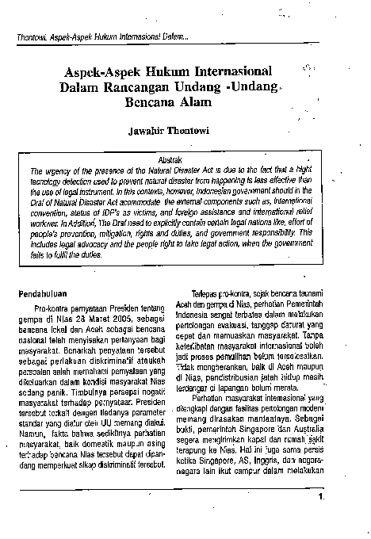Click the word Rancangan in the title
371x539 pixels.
(x=124, y=88)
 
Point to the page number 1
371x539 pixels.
(x=320, y=498)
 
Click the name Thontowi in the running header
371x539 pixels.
(x=31, y=37)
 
